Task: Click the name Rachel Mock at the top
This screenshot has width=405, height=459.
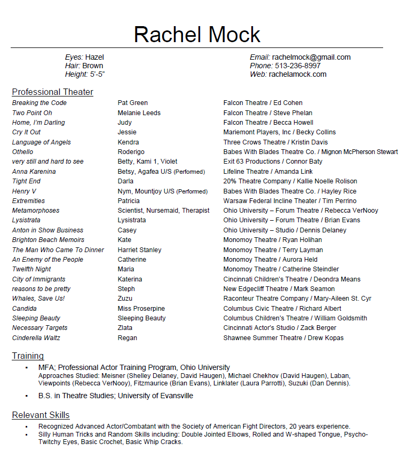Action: (x=197, y=35)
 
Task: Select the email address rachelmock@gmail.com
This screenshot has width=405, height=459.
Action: (x=311, y=58)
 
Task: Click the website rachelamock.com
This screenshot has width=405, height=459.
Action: (x=297, y=75)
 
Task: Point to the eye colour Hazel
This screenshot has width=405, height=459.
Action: (x=94, y=58)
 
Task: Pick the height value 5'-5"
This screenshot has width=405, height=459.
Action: (x=97, y=75)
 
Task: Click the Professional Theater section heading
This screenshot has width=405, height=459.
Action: (x=52, y=92)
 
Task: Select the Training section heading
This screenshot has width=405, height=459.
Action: (x=28, y=356)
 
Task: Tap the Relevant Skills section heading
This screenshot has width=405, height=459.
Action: (x=41, y=415)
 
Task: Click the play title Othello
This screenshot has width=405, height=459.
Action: (x=22, y=152)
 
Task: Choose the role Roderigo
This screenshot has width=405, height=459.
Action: (x=131, y=152)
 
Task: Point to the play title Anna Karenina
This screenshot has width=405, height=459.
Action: (x=34, y=172)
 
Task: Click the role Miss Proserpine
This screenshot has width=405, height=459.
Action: (x=141, y=309)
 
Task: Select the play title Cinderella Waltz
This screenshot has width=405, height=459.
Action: (x=36, y=338)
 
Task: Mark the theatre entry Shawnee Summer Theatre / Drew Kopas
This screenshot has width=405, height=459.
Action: (x=283, y=338)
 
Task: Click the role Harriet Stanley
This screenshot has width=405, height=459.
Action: (x=139, y=250)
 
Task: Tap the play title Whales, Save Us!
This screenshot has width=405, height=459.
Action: (x=38, y=299)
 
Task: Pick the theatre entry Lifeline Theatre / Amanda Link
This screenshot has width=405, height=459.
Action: (x=268, y=172)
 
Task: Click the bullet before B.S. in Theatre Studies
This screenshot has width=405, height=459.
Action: (x=26, y=397)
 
